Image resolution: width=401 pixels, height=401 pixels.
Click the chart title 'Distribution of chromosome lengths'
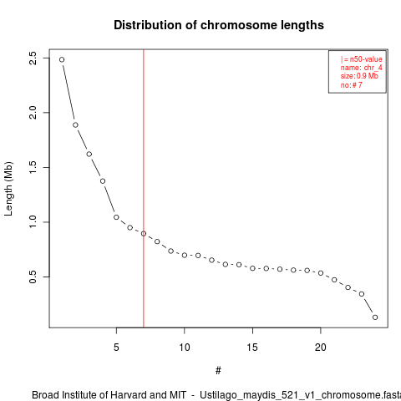click(219, 25)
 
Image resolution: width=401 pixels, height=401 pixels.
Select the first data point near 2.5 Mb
click(62, 59)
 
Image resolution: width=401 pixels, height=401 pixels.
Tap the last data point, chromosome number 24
click(375, 317)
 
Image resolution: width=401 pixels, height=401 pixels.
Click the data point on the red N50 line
click(144, 234)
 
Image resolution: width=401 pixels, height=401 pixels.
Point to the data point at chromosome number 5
click(116, 217)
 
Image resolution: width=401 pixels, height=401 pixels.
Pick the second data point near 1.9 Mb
click(75, 125)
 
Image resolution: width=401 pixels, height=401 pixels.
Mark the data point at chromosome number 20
click(321, 273)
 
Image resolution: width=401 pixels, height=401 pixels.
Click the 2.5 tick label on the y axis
click(33, 58)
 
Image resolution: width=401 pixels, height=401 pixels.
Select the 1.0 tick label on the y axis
click(33, 222)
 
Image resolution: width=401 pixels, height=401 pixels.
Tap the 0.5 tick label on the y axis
click(33, 277)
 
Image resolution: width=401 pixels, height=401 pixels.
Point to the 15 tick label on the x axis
click(252, 348)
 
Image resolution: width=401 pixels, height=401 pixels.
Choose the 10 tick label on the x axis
click(185, 348)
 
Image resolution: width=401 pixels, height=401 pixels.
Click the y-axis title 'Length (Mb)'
click(8, 189)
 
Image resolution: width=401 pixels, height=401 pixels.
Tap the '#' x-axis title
click(218, 371)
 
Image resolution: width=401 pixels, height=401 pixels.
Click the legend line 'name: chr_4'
click(361, 68)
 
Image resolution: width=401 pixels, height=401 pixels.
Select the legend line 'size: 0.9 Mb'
click(359, 76)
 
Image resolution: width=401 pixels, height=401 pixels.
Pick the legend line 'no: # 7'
click(351, 84)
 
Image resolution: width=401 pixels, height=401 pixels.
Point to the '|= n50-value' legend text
click(361, 59)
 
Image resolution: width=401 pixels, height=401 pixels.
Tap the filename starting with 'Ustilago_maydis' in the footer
click(300, 395)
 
